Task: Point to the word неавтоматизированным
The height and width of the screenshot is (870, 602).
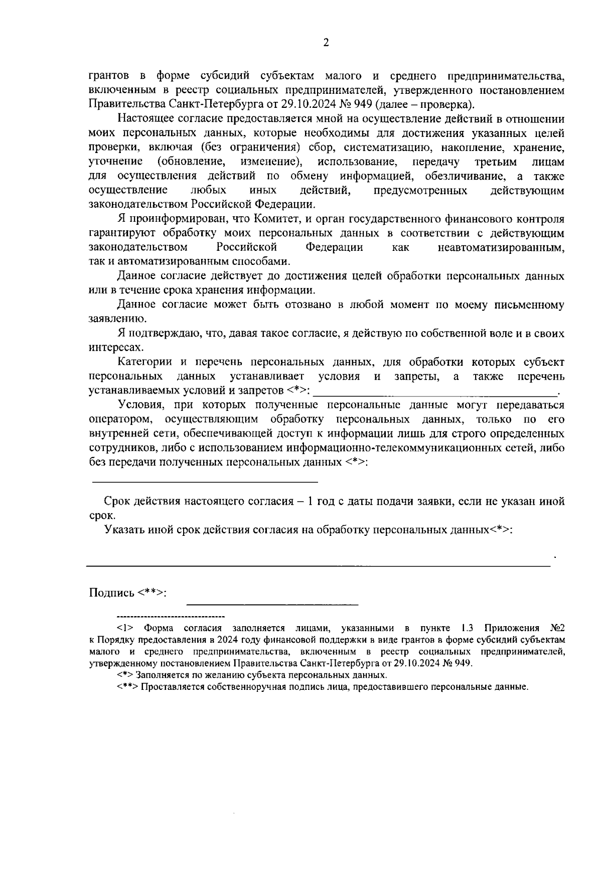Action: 501,248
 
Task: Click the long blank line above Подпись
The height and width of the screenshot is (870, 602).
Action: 318,566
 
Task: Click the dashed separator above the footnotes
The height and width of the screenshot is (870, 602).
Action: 171,616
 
